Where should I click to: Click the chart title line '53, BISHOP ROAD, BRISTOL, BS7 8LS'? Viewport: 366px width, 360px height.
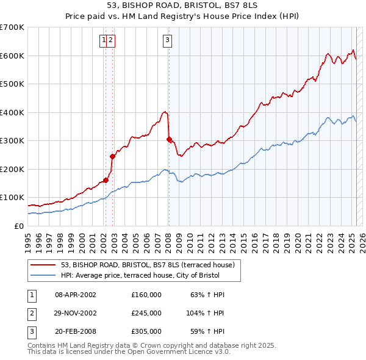[x=182, y=6]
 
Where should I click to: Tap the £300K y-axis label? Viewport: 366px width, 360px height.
[x=12, y=140]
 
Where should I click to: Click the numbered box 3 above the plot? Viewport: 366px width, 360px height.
[x=167, y=41]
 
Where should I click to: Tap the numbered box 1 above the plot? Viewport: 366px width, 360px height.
[x=104, y=41]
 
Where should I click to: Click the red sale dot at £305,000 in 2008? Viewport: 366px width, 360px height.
[x=169, y=139]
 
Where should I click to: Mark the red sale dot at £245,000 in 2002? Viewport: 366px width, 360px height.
[x=113, y=156]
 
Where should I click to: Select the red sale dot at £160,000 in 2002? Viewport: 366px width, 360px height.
[x=106, y=180]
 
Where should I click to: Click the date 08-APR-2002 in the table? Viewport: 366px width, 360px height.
[x=76, y=294]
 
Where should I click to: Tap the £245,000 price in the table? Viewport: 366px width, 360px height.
[x=146, y=313]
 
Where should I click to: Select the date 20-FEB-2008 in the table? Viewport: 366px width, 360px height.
[x=76, y=332]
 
